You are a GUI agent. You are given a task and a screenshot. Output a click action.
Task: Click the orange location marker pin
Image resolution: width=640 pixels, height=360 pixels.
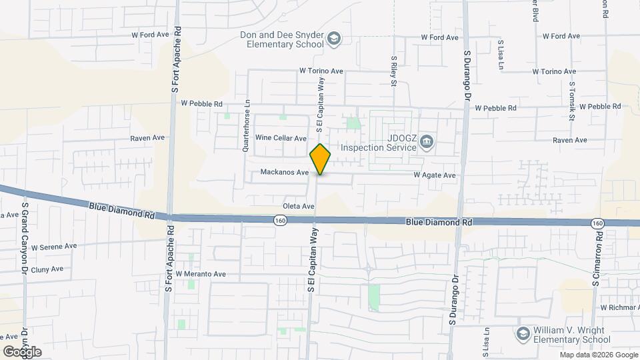(321, 159)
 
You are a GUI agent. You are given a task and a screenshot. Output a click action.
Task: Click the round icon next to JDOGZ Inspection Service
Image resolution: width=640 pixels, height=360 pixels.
(427, 142)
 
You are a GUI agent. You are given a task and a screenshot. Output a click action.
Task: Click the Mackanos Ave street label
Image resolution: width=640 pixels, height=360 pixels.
(285, 172)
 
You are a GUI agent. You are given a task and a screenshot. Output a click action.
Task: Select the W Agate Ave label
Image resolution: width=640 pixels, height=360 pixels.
(434, 175)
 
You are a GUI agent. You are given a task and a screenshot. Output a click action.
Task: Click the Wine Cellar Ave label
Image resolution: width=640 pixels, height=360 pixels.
(280, 137)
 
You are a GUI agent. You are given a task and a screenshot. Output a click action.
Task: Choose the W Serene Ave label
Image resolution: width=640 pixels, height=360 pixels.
(54, 246)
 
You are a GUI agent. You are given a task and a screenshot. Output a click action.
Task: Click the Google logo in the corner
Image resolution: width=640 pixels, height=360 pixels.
(22, 351)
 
